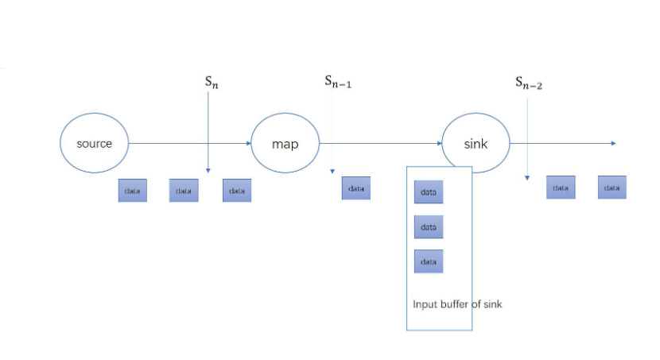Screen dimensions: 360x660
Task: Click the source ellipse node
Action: (x=94, y=144)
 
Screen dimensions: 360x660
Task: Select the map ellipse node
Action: (x=285, y=144)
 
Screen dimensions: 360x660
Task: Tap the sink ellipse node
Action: (x=476, y=144)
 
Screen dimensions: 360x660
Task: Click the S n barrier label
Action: (x=211, y=82)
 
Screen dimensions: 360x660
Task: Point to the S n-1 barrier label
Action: (x=338, y=81)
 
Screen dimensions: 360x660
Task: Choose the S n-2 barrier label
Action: (x=529, y=82)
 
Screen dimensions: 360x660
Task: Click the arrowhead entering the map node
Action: (x=247, y=144)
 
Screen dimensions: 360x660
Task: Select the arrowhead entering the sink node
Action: (x=438, y=144)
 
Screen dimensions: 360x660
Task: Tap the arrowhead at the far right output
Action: (x=613, y=143)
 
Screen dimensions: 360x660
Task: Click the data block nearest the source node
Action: (x=133, y=191)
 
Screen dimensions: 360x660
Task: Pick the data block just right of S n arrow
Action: (x=237, y=191)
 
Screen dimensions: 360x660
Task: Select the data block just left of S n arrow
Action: (x=184, y=191)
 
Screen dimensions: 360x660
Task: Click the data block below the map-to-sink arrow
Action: (x=356, y=188)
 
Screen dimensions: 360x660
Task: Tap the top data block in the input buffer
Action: (x=429, y=192)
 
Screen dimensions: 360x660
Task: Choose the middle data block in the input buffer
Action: (x=429, y=227)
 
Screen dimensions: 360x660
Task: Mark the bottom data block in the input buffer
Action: (x=429, y=261)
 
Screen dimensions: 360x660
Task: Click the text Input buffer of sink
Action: (x=457, y=304)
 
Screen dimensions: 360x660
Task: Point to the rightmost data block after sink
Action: (x=612, y=188)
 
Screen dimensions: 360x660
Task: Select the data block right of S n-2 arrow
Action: (x=561, y=188)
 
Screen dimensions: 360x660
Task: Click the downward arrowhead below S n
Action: (x=208, y=169)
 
